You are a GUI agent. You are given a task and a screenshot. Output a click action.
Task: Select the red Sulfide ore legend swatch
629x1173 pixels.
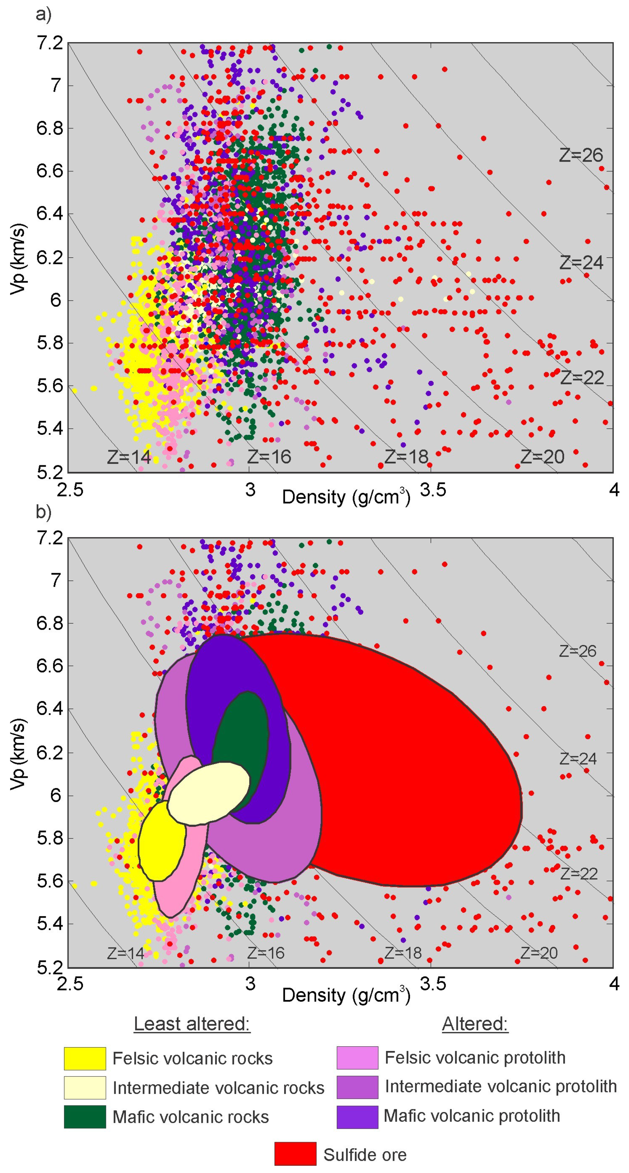tap(295, 1154)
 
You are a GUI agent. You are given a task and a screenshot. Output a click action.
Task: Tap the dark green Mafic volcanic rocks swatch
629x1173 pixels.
tap(85, 1117)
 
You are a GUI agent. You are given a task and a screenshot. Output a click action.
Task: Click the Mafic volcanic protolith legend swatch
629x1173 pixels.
tap(357, 1117)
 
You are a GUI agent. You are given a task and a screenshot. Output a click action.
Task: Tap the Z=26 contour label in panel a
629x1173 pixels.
tap(581, 156)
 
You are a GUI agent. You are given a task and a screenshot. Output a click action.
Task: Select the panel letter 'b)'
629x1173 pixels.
tap(43, 512)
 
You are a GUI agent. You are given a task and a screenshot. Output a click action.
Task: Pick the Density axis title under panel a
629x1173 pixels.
tap(346, 497)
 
